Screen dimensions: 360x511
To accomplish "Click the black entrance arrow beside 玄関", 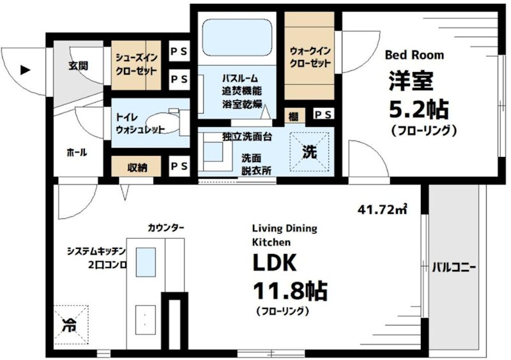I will pyautogui.click(x=25, y=70).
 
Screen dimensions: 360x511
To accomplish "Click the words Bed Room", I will pyautogui.click(x=414, y=55).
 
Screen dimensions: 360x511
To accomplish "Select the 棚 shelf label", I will pyautogui.click(x=293, y=115).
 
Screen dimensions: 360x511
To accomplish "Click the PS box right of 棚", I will pyautogui.click(x=322, y=115).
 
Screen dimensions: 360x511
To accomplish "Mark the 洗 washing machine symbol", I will pyautogui.click(x=309, y=153).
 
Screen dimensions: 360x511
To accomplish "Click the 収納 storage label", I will pyautogui.click(x=137, y=167).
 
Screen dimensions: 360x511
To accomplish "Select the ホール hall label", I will pyautogui.click(x=76, y=153).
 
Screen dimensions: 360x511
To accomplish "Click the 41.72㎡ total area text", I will pyautogui.click(x=383, y=208).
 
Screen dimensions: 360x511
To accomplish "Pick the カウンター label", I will pyautogui.click(x=166, y=227).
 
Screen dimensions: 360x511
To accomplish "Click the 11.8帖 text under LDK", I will pyautogui.click(x=290, y=291).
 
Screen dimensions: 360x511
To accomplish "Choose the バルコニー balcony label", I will pyautogui.click(x=454, y=267).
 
